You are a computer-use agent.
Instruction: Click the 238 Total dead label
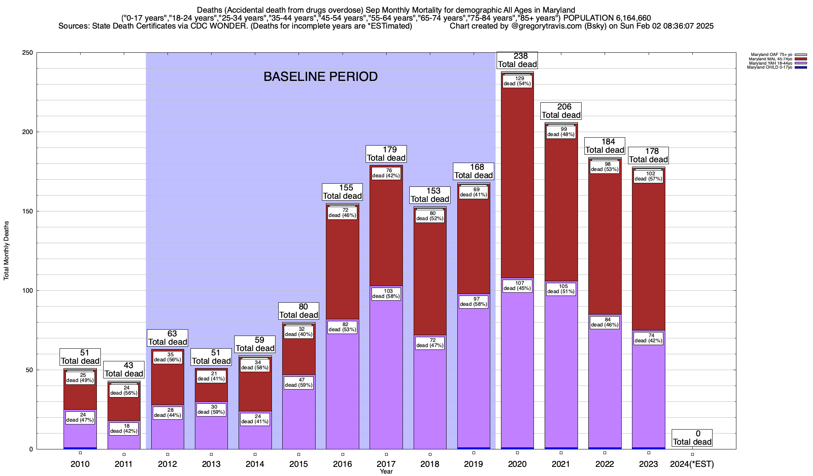coord(517,60)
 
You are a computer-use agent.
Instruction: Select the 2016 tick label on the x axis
coord(342,464)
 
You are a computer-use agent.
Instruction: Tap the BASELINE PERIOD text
coord(320,77)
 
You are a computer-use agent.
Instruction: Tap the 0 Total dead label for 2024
coord(692,438)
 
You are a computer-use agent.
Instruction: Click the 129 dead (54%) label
coord(517,81)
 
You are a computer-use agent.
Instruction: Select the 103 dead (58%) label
coord(386,294)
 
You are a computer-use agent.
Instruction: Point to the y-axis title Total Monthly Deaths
coord(6,251)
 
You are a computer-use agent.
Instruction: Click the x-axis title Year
coord(386,472)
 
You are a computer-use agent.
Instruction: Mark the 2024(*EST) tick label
coord(692,464)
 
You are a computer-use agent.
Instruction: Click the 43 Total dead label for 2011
coord(123,370)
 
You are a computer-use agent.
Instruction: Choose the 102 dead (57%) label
coord(648,176)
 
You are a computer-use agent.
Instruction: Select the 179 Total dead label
coord(386,154)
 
